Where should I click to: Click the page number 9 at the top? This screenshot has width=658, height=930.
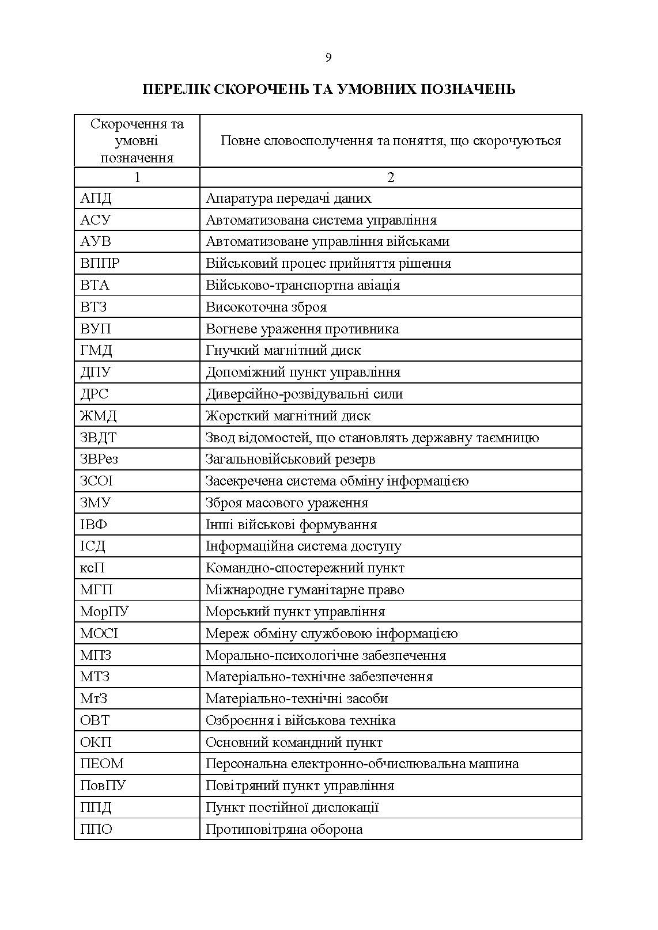click(x=328, y=57)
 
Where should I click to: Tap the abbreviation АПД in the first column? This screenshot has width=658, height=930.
click(x=96, y=198)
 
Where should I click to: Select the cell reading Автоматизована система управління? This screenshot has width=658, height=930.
click(x=321, y=220)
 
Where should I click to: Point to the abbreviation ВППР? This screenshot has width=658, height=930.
click(x=100, y=263)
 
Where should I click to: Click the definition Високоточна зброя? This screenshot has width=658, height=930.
click(x=266, y=307)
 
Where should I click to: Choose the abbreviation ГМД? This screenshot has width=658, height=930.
click(x=96, y=350)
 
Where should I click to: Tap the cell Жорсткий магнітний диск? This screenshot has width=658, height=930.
click(x=288, y=416)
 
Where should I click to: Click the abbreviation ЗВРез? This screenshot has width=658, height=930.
click(x=99, y=459)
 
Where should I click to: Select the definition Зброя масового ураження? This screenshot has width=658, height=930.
click(x=286, y=503)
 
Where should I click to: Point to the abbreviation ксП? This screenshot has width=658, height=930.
click(x=92, y=568)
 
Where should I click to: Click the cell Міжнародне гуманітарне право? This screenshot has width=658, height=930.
click(x=305, y=590)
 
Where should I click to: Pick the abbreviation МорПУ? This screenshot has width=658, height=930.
click(x=104, y=612)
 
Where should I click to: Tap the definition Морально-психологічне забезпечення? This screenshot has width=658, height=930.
click(x=326, y=655)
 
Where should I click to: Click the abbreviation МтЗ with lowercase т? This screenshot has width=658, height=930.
click(x=94, y=699)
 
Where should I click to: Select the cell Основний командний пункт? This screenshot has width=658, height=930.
click(x=294, y=742)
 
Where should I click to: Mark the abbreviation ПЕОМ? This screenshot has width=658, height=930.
click(x=102, y=764)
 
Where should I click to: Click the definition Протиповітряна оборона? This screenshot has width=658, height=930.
click(x=284, y=829)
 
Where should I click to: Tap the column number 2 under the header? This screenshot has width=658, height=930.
click(x=391, y=177)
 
